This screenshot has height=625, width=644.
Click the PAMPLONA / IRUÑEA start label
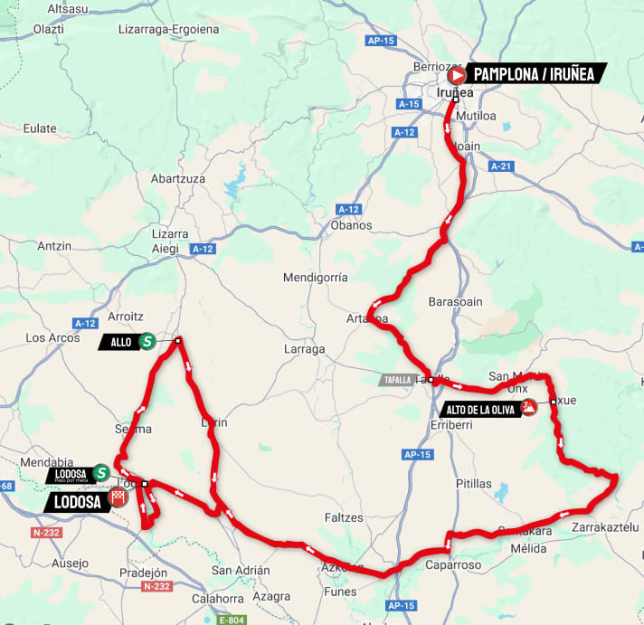(x=534, y=74)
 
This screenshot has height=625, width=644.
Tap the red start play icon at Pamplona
(x=458, y=74)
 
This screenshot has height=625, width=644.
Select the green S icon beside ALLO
(x=147, y=341)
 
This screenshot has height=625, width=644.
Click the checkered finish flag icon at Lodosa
(x=118, y=497)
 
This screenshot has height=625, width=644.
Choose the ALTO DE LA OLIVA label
(x=478, y=409)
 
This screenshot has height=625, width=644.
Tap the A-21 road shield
(x=501, y=166)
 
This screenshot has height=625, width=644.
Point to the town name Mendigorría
(x=315, y=277)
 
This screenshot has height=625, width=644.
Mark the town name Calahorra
(x=218, y=598)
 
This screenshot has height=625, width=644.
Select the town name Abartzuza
(x=178, y=178)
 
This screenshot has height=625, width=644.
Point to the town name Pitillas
(x=474, y=484)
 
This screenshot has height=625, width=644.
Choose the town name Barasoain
(x=456, y=302)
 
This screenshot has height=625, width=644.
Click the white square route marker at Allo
(x=178, y=341)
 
